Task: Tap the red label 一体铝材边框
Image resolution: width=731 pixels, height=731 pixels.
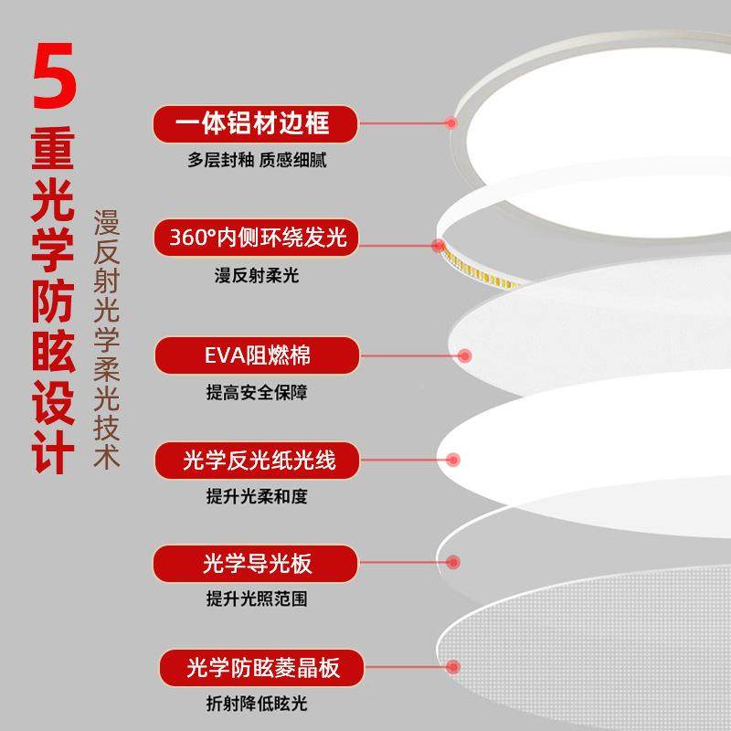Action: tap(253, 122)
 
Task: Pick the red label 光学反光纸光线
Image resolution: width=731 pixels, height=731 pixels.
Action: tap(258, 460)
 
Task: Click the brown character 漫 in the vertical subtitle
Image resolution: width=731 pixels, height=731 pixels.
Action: tap(108, 226)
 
